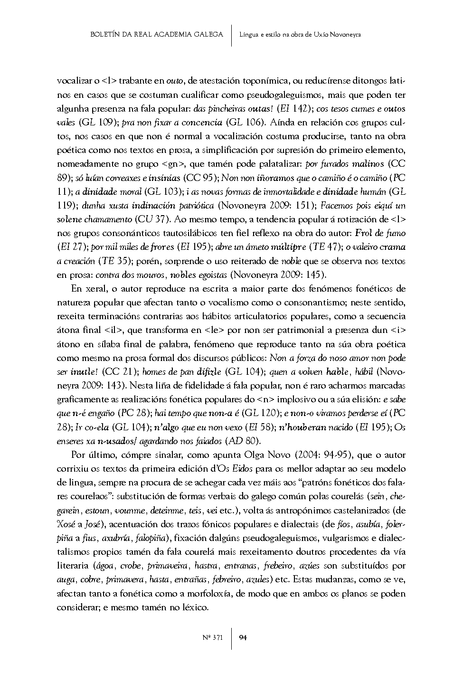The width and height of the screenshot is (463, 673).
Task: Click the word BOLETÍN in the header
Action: [x=104, y=34]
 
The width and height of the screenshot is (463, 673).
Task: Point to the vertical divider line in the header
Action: [x=231, y=35]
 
